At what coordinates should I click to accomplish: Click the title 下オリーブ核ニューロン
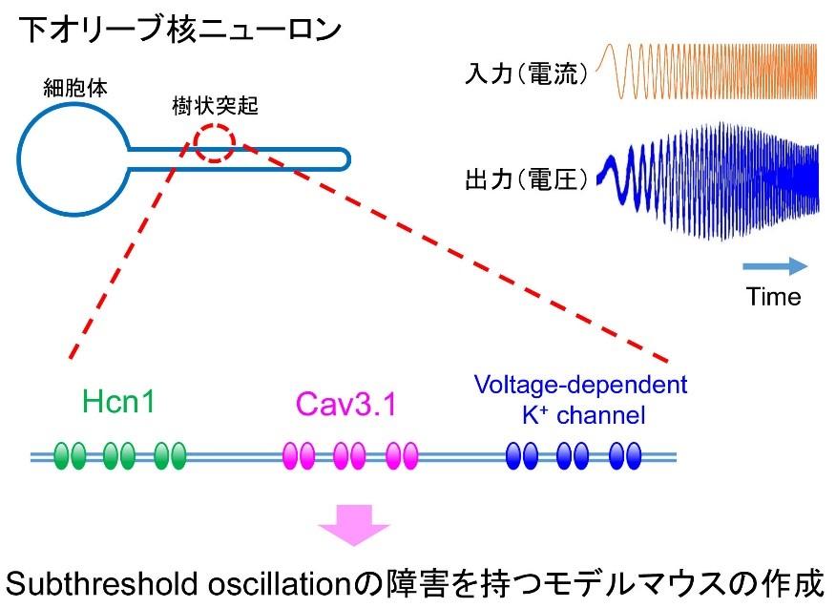(179, 29)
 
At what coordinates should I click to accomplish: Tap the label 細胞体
(75, 88)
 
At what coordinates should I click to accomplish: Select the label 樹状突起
(215, 106)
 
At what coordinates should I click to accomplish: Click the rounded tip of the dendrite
(349, 159)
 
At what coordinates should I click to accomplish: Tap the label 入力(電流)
(527, 73)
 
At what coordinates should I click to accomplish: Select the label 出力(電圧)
(527, 179)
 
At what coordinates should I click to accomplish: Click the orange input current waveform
(706, 72)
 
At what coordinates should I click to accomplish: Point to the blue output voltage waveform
(707, 181)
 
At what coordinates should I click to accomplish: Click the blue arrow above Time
(775, 266)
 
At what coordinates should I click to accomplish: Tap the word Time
(773, 297)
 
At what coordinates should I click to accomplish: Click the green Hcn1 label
(118, 401)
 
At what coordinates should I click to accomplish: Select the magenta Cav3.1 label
(346, 404)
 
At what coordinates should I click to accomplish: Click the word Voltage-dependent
(580, 385)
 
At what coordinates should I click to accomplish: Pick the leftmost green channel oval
(62, 456)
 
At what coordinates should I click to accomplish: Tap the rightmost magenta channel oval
(410, 456)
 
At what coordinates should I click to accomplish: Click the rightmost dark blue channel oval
(633, 456)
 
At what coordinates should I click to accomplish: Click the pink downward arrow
(354, 525)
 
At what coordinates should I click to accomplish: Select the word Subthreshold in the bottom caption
(103, 583)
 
